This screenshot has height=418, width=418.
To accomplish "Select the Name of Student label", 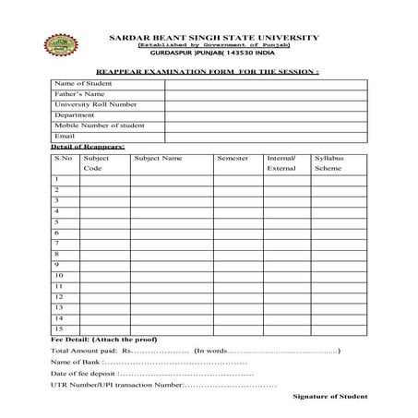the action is coord(82,83).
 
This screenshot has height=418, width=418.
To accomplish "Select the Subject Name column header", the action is coord(158,159).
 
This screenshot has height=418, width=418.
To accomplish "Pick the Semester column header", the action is coord(233,159).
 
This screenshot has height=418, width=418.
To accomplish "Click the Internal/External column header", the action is coord(281,163).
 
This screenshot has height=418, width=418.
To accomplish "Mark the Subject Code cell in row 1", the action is coord(104,179).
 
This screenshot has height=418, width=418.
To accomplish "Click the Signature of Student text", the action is coord(329,396).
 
